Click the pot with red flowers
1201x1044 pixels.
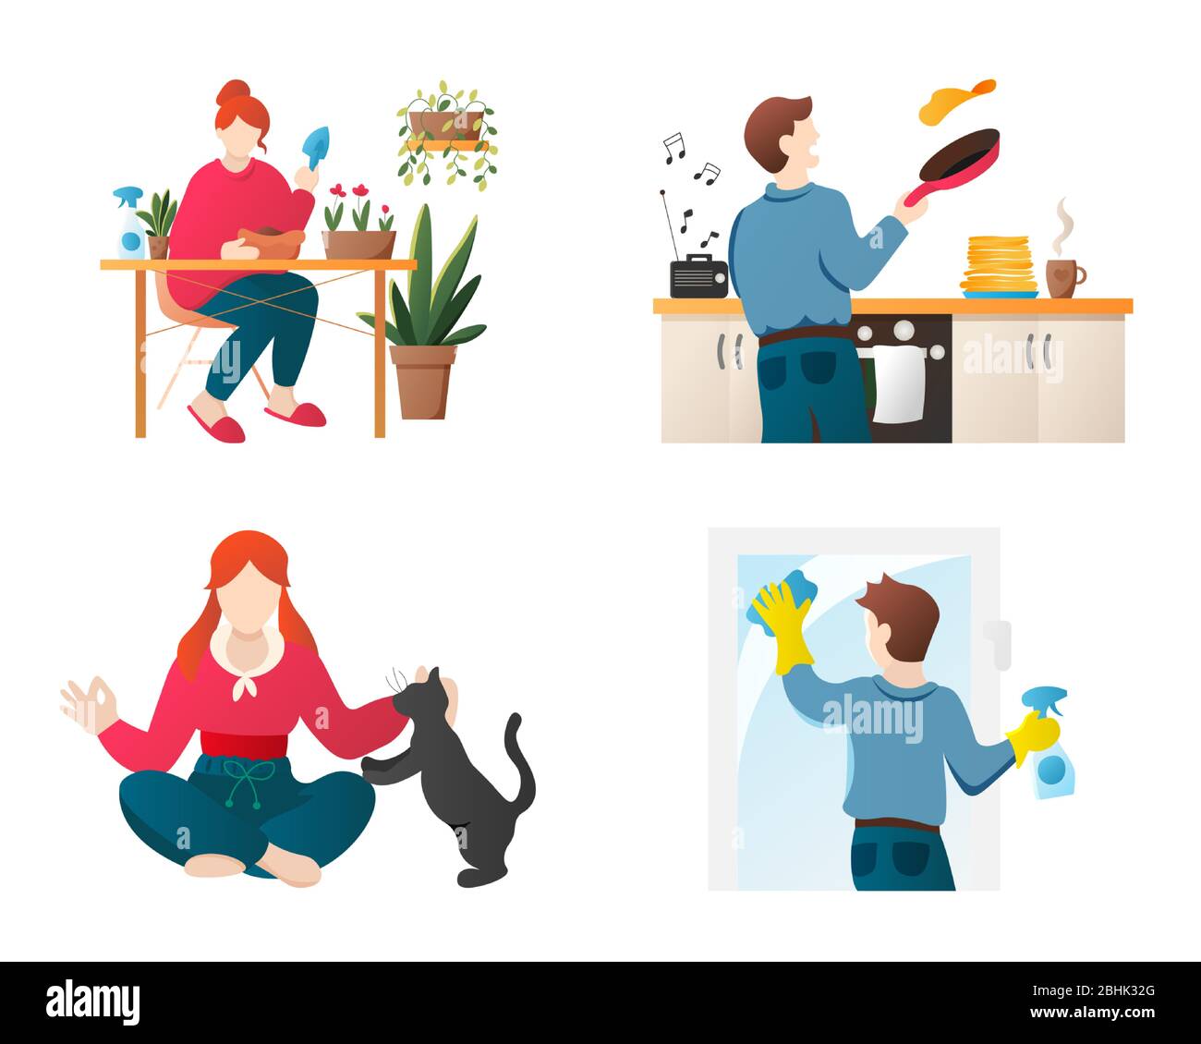(358, 242)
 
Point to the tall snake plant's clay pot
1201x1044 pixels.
(422, 380)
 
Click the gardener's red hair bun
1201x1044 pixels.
(233, 92)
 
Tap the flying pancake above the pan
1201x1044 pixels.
(953, 103)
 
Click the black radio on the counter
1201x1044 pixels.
(698, 278)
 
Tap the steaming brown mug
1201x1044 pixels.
(1062, 277)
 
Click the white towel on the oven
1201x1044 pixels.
(898, 382)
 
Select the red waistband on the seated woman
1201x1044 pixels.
(245, 743)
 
